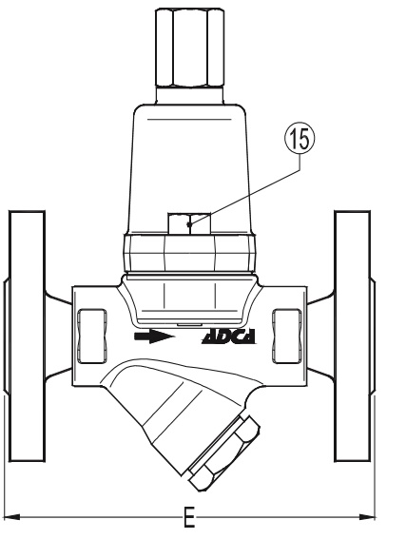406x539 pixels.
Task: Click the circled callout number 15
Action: [x=300, y=139]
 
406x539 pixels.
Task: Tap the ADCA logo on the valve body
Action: [x=228, y=337]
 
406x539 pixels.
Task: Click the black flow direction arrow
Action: [x=154, y=337]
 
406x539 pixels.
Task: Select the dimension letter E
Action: [x=189, y=516]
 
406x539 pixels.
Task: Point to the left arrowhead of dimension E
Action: [x=13, y=516]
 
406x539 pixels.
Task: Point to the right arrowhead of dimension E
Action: [x=366, y=516]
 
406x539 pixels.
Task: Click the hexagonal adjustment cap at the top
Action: [x=189, y=48]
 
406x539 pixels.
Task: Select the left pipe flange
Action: [x=27, y=337]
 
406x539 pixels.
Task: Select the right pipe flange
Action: [x=353, y=336]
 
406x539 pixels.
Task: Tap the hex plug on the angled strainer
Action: [x=223, y=453]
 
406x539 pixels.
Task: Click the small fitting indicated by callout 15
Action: [x=189, y=223]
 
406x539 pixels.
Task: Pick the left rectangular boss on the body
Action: [x=92, y=336]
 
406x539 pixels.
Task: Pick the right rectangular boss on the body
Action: [x=287, y=336]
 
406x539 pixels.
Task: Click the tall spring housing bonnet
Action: [x=189, y=168]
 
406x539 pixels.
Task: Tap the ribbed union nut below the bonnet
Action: [x=189, y=253]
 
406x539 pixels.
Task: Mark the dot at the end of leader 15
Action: [x=188, y=224]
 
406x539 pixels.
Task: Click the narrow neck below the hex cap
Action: [x=189, y=95]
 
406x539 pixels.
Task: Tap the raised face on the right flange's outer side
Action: [x=373, y=337]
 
